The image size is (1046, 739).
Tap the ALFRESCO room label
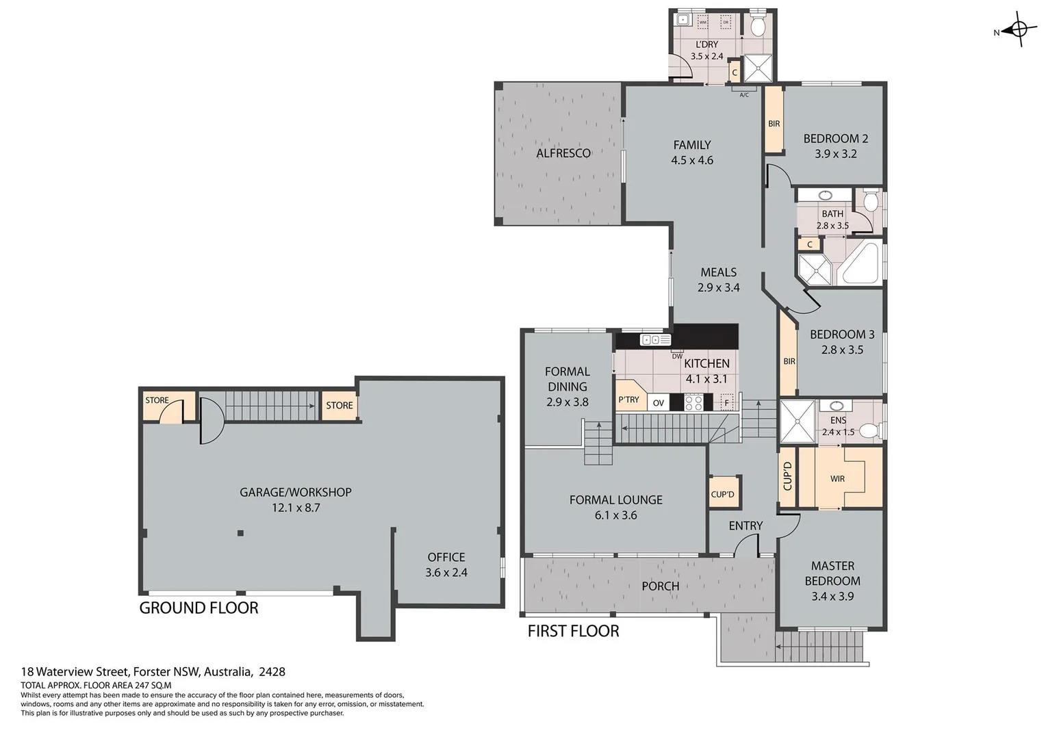[x=563, y=153]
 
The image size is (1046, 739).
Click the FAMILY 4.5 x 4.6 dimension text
[x=692, y=160]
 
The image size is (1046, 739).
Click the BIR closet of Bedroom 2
[x=774, y=123]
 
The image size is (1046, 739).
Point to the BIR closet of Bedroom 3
[x=789, y=360]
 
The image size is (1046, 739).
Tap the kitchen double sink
[x=655, y=339]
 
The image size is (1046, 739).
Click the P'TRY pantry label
[x=628, y=400]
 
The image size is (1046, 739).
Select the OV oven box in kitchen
[x=659, y=402]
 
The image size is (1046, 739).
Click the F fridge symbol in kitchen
[x=727, y=402]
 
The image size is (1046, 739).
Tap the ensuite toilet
[x=869, y=430]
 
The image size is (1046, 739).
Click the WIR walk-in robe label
[x=838, y=478]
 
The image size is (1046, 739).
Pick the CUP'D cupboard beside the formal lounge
[x=723, y=494]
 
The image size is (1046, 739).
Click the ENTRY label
[x=745, y=526]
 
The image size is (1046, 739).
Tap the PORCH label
[x=661, y=586]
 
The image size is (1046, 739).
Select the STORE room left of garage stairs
[x=157, y=401]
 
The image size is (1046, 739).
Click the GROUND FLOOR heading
[x=199, y=608]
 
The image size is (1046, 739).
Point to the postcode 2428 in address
[x=272, y=672]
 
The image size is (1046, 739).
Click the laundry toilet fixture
[x=758, y=25]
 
